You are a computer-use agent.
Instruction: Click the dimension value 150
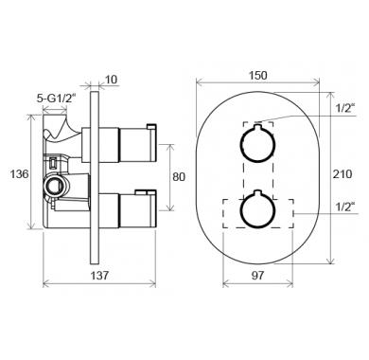[x=257, y=76]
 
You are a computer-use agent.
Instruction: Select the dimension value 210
[x=343, y=173]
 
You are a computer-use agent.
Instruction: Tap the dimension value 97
[x=257, y=276]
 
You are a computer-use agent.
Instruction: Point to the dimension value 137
[x=99, y=276]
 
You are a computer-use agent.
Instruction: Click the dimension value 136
[x=19, y=173]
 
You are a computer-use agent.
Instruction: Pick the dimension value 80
[x=179, y=177]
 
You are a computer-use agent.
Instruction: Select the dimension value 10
[x=111, y=80]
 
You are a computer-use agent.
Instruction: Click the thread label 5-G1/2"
[x=57, y=99]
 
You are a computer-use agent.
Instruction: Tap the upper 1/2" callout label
[x=345, y=108]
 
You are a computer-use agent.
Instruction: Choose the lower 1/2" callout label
[x=345, y=207]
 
